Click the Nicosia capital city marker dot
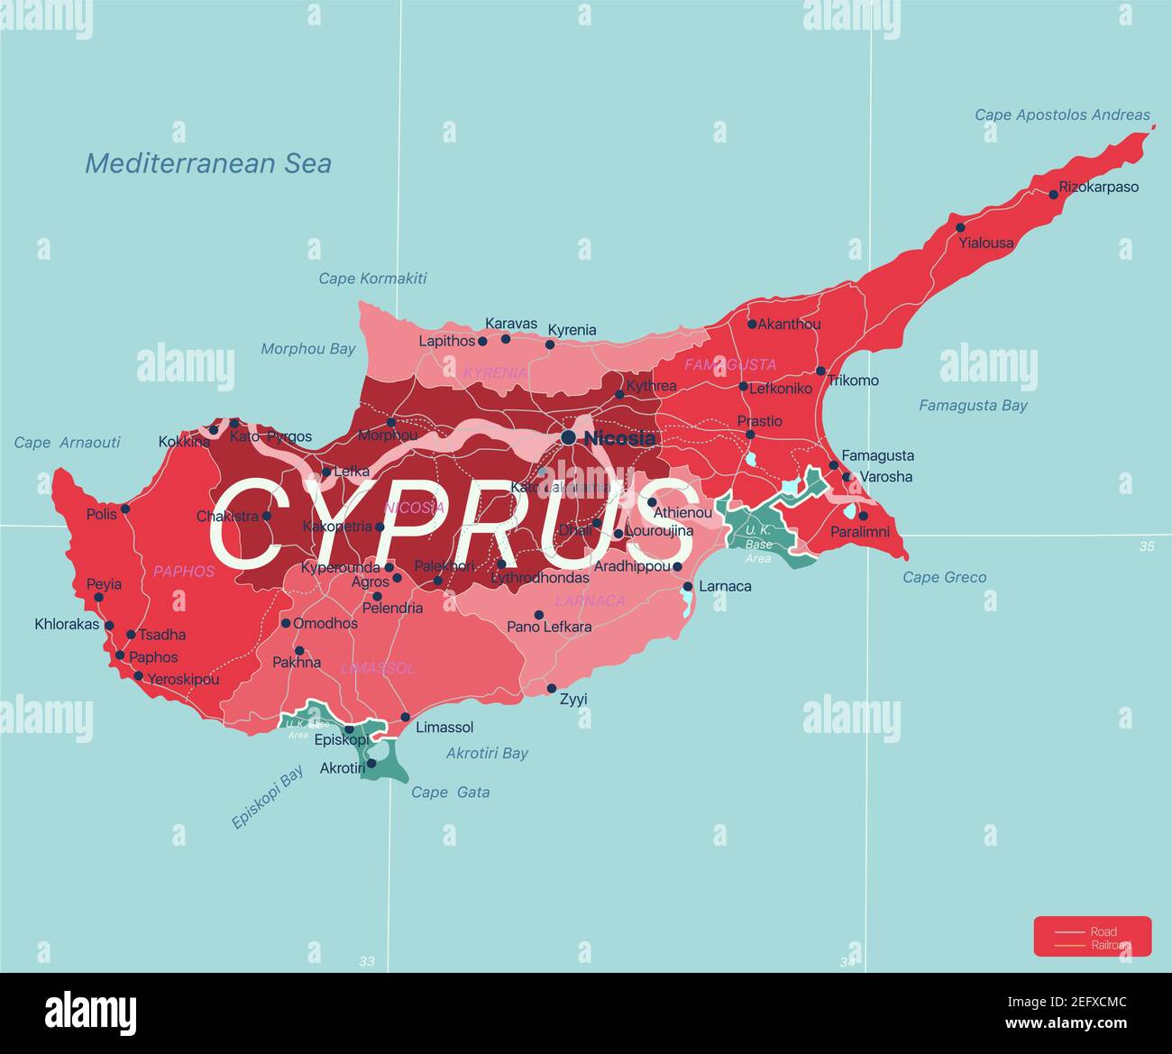tap(568, 437)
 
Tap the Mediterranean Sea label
tap(208, 163)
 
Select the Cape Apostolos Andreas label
tap(1062, 115)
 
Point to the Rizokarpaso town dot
tap(1053, 193)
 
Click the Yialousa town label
tap(986, 243)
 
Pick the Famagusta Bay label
tap(973, 406)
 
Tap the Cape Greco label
tap(945, 577)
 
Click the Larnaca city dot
tap(688, 586)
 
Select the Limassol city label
tap(444, 727)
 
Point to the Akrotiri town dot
tap(371, 763)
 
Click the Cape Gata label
tap(451, 793)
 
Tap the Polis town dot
tap(125, 509)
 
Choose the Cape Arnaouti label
tap(67, 443)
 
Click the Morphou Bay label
tap(308, 349)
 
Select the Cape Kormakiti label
tap(372, 279)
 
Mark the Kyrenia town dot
tap(550, 344)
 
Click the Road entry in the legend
tap(1103, 931)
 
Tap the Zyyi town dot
tap(552, 688)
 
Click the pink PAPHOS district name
tap(184, 571)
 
